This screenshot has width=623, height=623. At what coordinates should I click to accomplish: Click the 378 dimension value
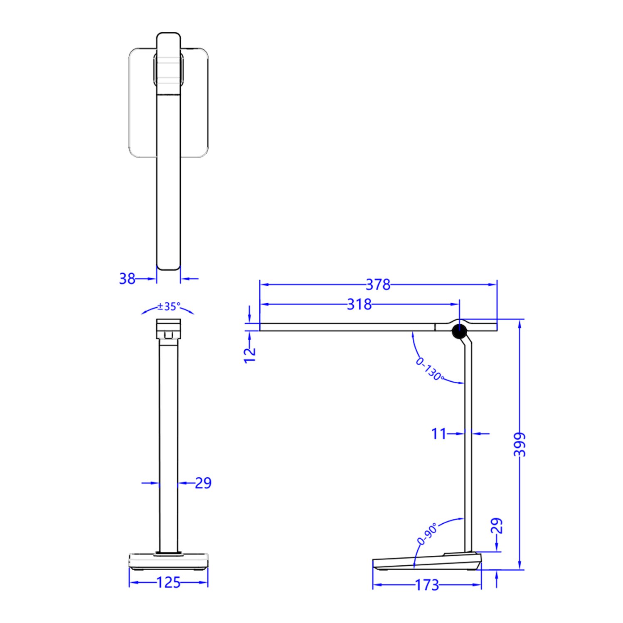tap(378, 285)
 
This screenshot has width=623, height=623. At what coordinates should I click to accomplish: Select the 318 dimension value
tap(359, 304)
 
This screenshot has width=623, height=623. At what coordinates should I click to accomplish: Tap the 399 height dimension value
tap(520, 444)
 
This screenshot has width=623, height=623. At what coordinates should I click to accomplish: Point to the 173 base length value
tap(427, 585)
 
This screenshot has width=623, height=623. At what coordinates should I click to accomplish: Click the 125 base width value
tap(168, 582)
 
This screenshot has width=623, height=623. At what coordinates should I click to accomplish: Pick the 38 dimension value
tap(127, 278)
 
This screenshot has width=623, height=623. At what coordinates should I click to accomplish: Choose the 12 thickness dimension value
tap(250, 355)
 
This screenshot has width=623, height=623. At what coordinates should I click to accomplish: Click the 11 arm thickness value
tap(438, 434)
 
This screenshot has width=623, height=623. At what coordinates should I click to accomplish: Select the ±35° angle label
tap(169, 307)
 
